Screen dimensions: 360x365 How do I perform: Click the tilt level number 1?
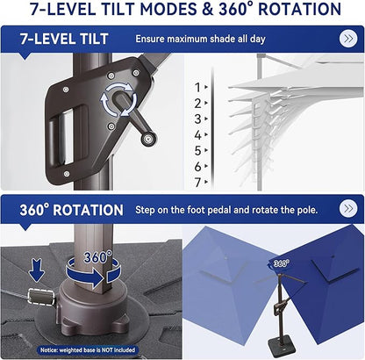(197, 86)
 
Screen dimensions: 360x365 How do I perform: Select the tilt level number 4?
(197, 134)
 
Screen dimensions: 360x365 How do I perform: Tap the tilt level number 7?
(197, 182)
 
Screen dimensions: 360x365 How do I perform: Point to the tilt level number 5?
(197, 150)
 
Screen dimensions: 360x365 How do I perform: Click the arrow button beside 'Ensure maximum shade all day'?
(347, 40)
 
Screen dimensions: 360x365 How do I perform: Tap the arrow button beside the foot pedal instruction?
(347, 210)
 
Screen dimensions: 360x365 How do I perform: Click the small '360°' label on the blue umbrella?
(280, 263)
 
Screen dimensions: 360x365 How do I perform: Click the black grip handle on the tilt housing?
(66, 142)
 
